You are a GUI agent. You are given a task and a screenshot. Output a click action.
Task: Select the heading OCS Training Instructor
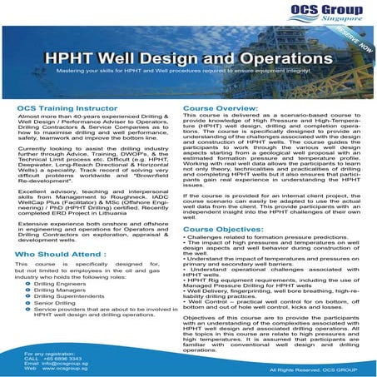click(67, 108)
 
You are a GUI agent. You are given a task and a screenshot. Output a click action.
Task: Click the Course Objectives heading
click(226, 229)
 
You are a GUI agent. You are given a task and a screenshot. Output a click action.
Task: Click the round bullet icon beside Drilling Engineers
click(27, 283)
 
